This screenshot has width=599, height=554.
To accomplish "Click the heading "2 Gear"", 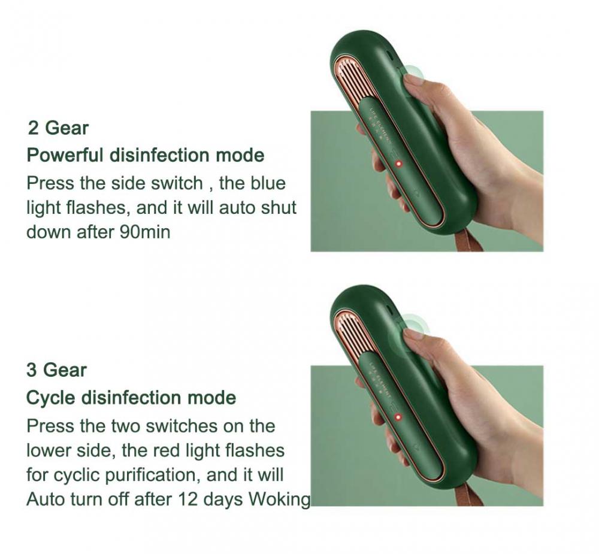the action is click(58, 128).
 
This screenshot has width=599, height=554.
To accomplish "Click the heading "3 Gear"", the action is click(56, 370).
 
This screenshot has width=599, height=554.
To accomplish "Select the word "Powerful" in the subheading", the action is click(65, 156).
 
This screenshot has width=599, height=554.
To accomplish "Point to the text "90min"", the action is click(145, 232).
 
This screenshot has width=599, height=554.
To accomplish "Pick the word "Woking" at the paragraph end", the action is click(279, 499).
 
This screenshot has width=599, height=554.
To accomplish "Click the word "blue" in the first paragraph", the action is click(268, 183).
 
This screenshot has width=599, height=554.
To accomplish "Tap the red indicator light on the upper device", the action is click(399, 164).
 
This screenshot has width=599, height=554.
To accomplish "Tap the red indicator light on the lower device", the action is click(398, 417).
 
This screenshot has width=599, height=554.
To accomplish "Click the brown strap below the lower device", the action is click(469, 495).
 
